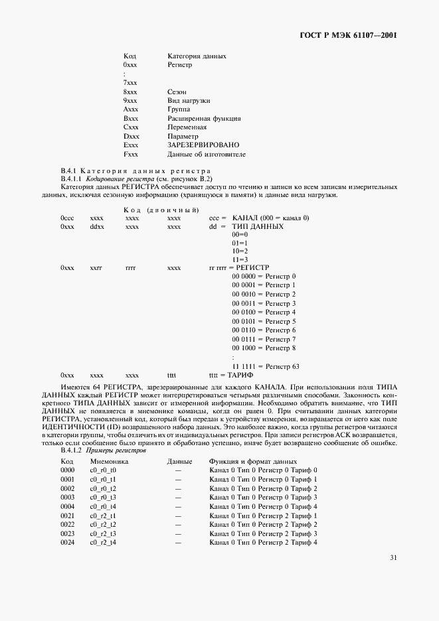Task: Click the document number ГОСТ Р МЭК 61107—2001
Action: click(349, 34)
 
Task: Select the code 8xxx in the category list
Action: click(130, 92)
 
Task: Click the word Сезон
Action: click(177, 92)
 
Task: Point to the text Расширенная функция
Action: click(200, 118)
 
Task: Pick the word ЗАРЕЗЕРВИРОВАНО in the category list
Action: click(203, 145)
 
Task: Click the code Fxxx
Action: click(130, 154)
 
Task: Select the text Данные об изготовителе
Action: click(207, 154)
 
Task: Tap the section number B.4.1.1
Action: click(71, 179)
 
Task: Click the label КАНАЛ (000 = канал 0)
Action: click(271, 218)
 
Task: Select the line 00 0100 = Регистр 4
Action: click(264, 312)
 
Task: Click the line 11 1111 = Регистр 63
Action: click(266, 366)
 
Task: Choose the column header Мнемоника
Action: click(109, 461)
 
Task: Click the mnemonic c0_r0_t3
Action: click(103, 497)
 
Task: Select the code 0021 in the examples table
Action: click(67, 516)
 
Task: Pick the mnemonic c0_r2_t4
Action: click(103, 543)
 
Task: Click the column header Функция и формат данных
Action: click(252, 461)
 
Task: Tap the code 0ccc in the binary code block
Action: click(67, 218)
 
